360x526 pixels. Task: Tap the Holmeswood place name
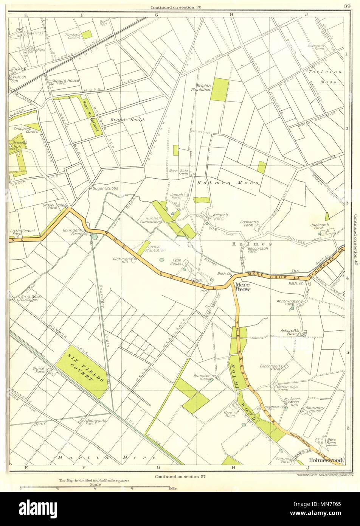pos(326,460)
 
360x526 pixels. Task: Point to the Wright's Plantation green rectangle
pos(219,90)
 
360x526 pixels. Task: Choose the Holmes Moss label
pos(228,182)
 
